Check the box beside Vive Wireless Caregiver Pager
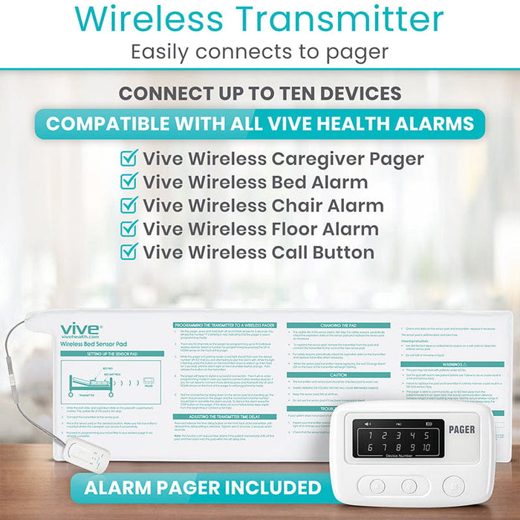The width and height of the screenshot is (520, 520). coord(129,158)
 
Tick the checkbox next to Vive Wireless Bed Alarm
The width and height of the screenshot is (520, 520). coord(129,181)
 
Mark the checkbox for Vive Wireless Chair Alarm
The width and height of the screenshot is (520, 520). coord(129,205)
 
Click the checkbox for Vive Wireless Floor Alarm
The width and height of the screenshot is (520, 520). coord(129,229)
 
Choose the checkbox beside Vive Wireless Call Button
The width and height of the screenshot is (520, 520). coord(129,252)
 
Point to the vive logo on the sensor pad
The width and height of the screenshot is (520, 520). coord(79,329)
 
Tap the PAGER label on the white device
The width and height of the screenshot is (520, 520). coord(461,429)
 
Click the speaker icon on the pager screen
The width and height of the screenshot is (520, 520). coord(368,424)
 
